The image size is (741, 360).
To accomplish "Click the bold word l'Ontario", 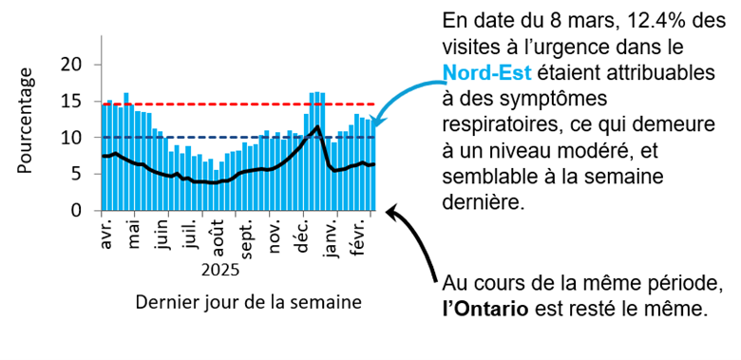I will pyautogui.click(x=488, y=309).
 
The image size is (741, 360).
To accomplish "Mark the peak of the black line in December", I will pyautogui.click(x=316, y=126).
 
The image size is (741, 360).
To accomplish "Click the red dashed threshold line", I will pyautogui.click(x=237, y=104).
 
